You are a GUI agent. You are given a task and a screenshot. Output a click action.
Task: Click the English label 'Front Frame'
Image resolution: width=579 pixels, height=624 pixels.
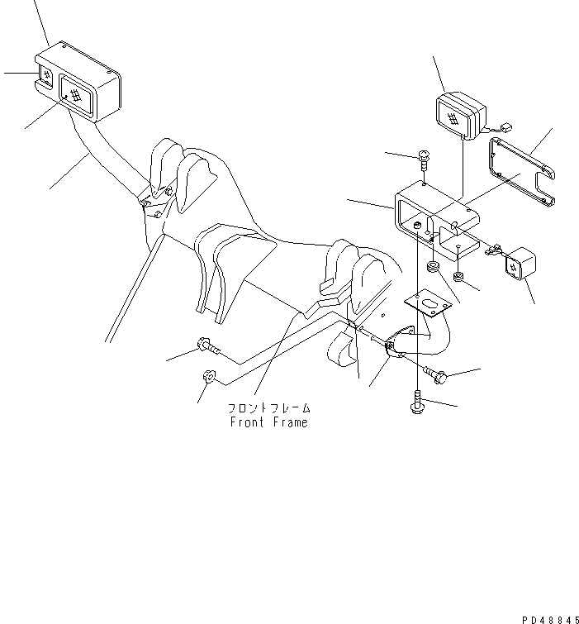click(269, 422)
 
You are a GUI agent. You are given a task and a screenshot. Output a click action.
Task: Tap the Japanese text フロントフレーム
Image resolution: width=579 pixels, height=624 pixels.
click(269, 408)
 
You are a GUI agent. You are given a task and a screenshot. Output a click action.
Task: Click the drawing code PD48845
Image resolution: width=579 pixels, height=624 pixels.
click(550, 620)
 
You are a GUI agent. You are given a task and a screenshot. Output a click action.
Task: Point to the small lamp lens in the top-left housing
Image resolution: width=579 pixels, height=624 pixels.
click(45, 75)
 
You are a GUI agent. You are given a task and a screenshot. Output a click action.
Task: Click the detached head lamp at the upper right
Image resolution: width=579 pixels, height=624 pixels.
click(461, 116)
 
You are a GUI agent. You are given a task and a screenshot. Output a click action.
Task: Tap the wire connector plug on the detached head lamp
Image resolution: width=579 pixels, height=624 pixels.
click(506, 128)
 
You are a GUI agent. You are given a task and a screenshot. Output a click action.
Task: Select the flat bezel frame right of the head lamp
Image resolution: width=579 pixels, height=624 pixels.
click(522, 172)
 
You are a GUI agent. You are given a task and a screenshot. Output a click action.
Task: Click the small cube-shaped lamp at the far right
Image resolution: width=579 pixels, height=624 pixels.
click(520, 264)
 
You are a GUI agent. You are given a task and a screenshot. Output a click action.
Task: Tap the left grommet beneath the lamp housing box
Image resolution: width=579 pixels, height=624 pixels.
click(432, 267)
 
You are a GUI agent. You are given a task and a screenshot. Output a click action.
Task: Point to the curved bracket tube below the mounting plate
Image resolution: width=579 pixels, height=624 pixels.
click(421, 341)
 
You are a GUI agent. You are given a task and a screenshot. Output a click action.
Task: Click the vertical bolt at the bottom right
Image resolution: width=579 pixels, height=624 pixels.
click(417, 402)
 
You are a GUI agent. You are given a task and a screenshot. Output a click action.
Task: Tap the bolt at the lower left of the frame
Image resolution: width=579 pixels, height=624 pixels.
click(208, 345)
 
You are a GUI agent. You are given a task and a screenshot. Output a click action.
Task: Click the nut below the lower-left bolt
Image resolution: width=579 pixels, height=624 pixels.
click(208, 375)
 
